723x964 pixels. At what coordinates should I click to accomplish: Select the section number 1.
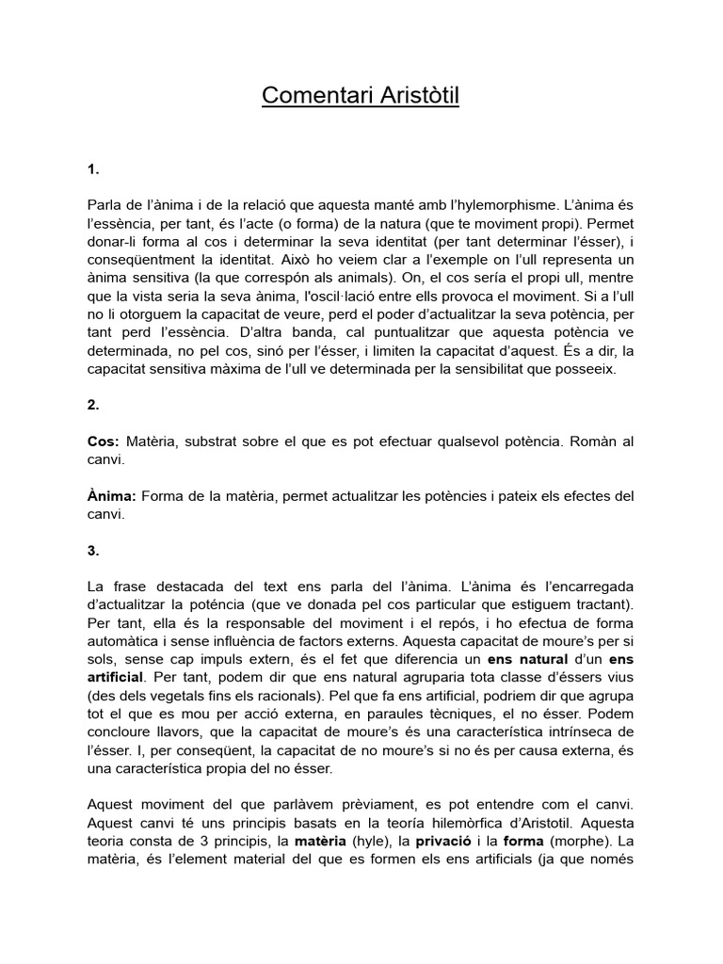pyautogui.click(x=92, y=169)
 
